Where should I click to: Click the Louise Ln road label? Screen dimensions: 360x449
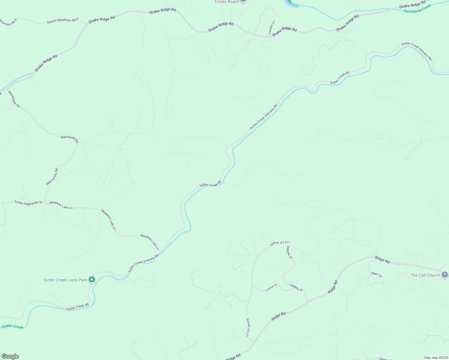pyautogui.click(x=271, y=27)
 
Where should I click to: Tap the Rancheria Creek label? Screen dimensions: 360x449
pyautogui.click(x=417, y=8)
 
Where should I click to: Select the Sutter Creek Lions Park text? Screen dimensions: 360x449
pyautogui.click(x=65, y=280)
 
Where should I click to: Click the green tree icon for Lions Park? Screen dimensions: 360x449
pyautogui.click(x=92, y=280)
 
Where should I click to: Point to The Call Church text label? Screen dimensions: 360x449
pyautogui.click(x=425, y=275)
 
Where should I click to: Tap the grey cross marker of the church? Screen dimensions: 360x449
pyautogui.click(x=445, y=274)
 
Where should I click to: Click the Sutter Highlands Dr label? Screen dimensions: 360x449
pyautogui.click(x=29, y=203)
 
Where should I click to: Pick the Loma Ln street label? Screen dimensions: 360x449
pyautogui.click(x=271, y=288)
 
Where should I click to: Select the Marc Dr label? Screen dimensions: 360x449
pyautogui.click(x=376, y=274)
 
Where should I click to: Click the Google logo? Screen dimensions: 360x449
pyautogui.click(x=10, y=356)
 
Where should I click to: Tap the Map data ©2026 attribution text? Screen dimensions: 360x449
pyautogui.click(x=436, y=358)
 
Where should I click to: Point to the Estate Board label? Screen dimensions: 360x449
pyautogui.click(x=227, y=2)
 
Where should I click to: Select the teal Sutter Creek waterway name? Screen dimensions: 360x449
pyautogui.click(x=13, y=327)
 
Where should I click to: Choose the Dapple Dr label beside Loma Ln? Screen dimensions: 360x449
pyautogui.click(x=297, y=288)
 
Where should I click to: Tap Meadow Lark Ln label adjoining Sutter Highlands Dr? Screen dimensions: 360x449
pyautogui.click(x=61, y=205)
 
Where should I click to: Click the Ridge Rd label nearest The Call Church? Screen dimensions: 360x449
pyautogui.click(x=382, y=260)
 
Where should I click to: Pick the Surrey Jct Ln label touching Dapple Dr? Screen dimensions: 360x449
pyautogui.click(x=279, y=243)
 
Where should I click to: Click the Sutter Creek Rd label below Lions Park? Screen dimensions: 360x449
pyautogui.click(x=77, y=307)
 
